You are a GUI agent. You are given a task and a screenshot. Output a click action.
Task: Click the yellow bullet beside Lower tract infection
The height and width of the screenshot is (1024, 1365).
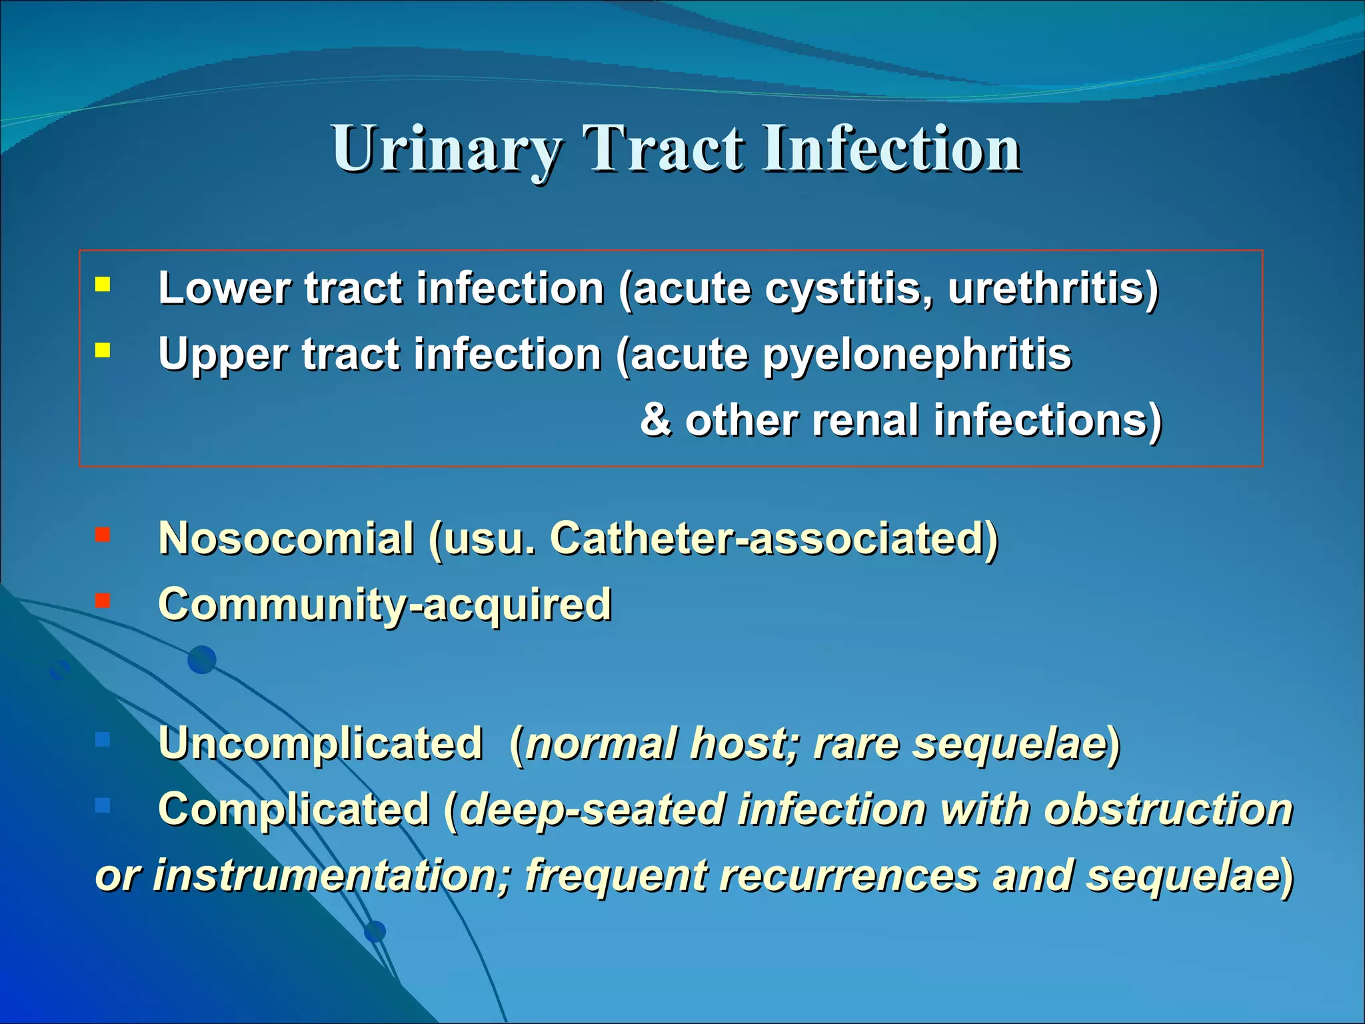[x=103, y=285]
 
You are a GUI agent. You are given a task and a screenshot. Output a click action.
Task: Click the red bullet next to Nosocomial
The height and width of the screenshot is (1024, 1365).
[x=103, y=535]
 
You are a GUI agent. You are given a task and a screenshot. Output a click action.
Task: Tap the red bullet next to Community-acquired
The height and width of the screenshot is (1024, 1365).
[x=103, y=601]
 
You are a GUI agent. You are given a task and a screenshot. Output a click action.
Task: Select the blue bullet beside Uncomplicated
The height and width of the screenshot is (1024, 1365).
[x=103, y=739]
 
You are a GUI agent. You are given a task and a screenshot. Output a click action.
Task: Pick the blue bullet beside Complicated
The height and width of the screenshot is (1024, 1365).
[x=103, y=805]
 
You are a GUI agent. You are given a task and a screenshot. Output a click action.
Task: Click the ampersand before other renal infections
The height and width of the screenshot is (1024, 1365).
[x=656, y=420]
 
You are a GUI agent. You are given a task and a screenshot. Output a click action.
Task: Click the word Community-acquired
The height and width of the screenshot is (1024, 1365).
[x=385, y=604]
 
